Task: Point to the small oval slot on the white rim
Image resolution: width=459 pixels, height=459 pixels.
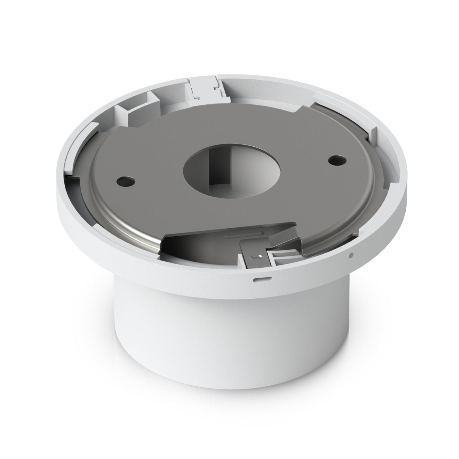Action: [261, 278]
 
